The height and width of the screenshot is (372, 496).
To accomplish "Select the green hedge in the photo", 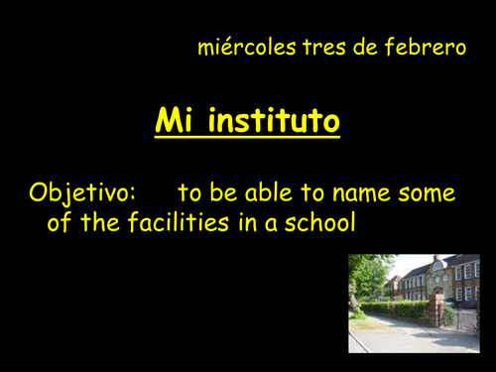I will click(x=397, y=310).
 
